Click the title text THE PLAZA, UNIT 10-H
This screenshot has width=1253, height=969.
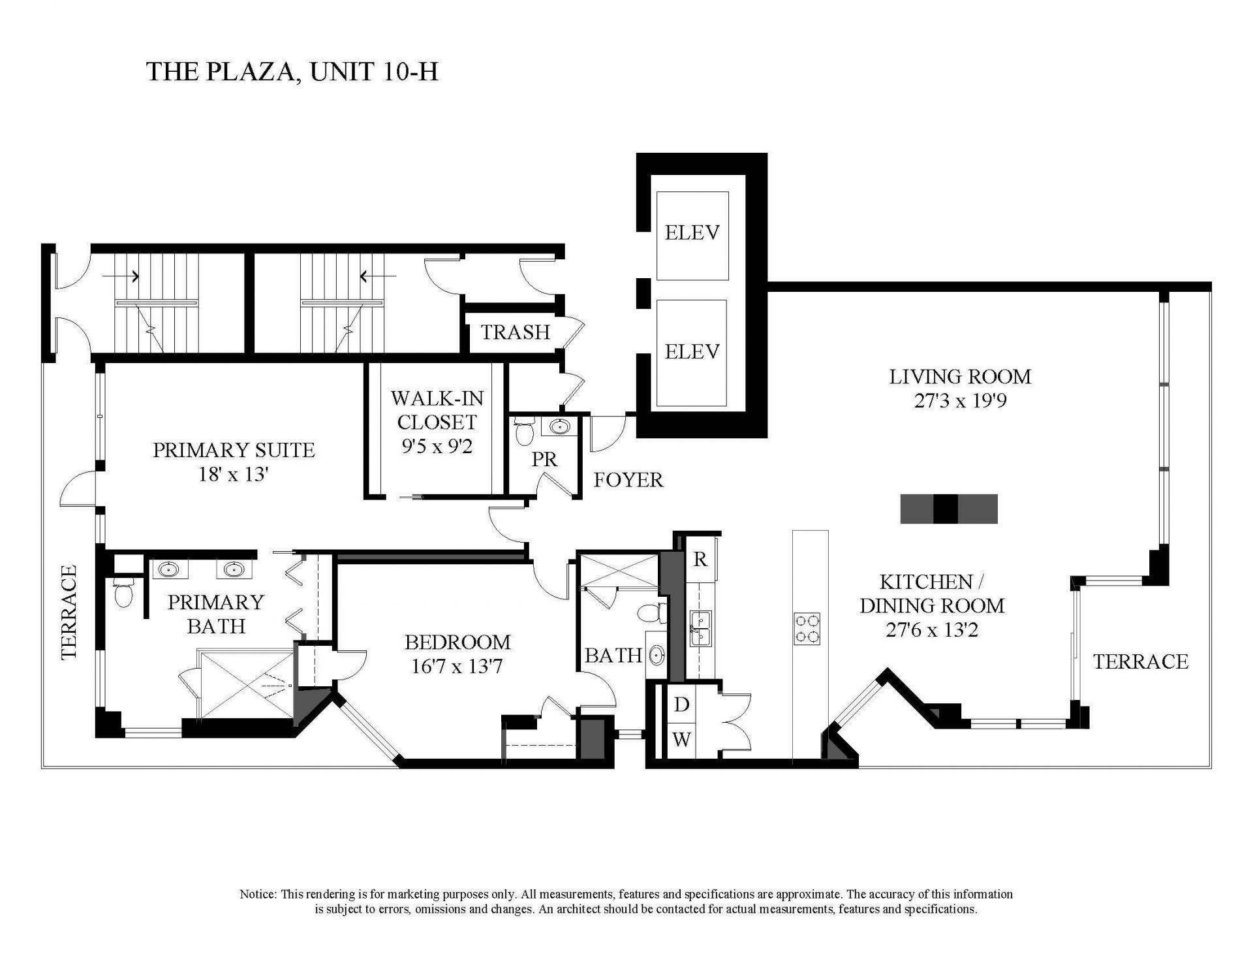point(292,72)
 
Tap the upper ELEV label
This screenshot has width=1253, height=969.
point(692,232)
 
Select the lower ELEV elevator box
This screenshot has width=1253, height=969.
point(692,353)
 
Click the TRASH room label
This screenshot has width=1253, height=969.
point(515,332)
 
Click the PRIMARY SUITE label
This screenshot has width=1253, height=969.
point(234,450)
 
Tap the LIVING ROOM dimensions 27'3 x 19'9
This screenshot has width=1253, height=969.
point(960,400)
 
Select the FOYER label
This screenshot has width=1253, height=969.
point(628,480)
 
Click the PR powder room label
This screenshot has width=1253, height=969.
point(544,460)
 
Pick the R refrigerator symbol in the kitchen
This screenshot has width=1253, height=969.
point(700,560)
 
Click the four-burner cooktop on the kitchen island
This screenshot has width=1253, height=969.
point(807,629)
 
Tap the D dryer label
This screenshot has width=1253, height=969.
point(681,705)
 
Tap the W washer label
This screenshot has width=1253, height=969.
point(681,740)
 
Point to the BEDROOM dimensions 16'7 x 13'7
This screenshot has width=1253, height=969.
point(457,667)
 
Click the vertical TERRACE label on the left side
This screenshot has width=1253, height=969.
point(69,612)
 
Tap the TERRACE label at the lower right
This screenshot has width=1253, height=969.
point(1140,661)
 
